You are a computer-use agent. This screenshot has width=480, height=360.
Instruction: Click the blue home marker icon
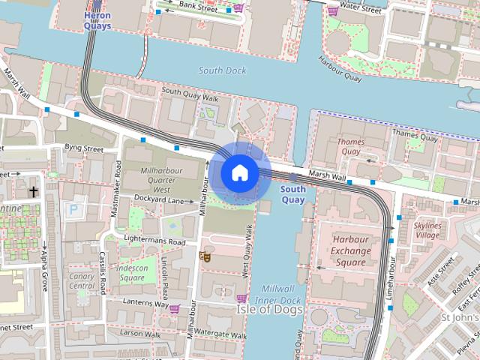click(x=239, y=173)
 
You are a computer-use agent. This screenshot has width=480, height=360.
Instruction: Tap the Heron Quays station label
click(x=97, y=20)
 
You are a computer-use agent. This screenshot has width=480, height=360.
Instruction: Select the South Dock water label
click(x=222, y=70)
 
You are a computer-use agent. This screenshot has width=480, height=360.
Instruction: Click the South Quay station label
click(x=292, y=195)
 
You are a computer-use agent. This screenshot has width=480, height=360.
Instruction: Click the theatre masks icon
click(x=202, y=256)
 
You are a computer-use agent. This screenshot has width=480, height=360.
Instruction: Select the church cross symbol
click(x=33, y=192)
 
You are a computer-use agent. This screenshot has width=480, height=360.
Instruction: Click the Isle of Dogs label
click(x=270, y=309)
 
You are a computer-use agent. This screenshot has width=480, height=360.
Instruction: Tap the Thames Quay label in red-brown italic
click(x=350, y=146)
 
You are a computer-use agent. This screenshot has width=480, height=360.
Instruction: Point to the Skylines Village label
click(x=427, y=230)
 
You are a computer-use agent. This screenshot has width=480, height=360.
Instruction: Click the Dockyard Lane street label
click(x=159, y=199)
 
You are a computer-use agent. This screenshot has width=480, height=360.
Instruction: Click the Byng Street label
click(x=83, y=148)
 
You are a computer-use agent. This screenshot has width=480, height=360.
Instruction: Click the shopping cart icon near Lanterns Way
click(x=175, y=309)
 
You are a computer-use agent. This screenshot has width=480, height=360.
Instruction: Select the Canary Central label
click(x=82, y=280)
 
